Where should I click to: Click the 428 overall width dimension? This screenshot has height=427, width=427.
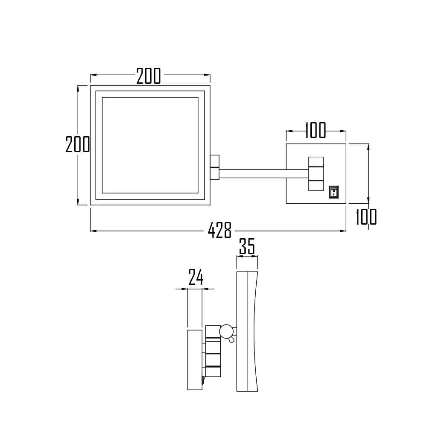pos(219,231)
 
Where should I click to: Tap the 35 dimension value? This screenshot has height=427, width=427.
pos(247,247)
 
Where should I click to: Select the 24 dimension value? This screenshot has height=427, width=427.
pos(196,278)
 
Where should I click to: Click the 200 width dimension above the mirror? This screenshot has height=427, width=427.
pos(149,76)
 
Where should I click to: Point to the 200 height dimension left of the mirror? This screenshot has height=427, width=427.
pos(77,144)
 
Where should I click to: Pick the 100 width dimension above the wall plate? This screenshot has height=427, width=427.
pos(316,130)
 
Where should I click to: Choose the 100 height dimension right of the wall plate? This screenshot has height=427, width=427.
pos(366,217)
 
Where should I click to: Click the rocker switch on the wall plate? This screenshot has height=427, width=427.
pos(333,192)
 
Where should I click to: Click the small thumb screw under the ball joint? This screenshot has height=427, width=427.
pos(231,340)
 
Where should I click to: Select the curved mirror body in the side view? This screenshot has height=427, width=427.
pos(248,331)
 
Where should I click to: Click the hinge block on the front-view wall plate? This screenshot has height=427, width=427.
pos(316,173)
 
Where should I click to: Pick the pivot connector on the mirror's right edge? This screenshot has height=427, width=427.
pos(214,167)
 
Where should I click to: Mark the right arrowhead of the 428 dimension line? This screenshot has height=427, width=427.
pos(343,231)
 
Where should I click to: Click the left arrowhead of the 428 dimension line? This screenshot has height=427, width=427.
pos(93,231)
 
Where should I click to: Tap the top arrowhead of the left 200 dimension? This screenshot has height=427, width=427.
pos(78,88)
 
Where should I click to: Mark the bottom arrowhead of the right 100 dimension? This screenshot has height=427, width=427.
pos(369,201)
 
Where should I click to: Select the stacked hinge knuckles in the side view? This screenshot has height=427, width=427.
pos(213,352)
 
